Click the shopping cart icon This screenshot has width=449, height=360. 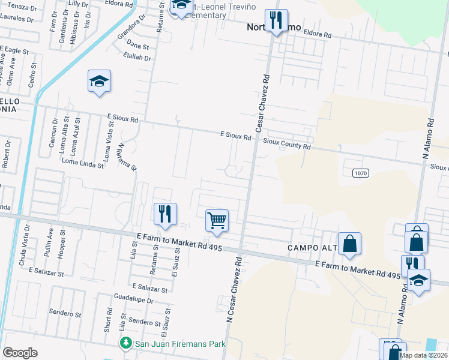click(x=217, y=220)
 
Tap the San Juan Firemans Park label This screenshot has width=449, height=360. click(x=170, y=343)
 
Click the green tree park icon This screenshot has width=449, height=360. click(x=125, y=343)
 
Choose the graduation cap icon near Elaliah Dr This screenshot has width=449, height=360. click(x=100, y=82)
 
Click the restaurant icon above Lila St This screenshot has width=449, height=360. click(x=164, y=214)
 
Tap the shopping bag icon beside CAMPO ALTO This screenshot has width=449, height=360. click(x=349, y=244)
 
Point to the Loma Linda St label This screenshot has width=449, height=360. click(x=82, y=164)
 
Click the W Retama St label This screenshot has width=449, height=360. click(x=127, y=156)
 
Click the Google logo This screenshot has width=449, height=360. click(x=20, y=353)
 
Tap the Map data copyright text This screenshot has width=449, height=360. click(x=423, y=355)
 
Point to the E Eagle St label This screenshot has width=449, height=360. click(x=14, y=52)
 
